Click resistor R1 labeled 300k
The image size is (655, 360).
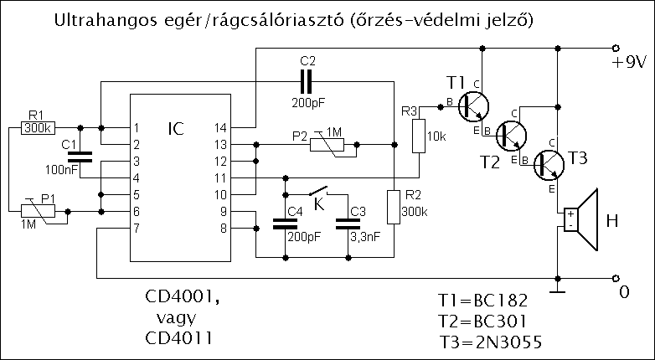(x=37, y=128)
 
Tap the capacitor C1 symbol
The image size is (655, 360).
(x=80, y=156)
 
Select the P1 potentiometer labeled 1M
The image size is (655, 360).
(x=36, y=211)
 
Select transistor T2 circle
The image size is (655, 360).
(x=512, y=134)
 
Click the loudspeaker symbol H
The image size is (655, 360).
(x=582, y=220)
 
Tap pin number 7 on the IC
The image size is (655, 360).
(x=135, y=228)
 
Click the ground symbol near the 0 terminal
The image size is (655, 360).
(x=557, y=291)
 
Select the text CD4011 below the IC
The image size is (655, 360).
(x=177, y=338)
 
